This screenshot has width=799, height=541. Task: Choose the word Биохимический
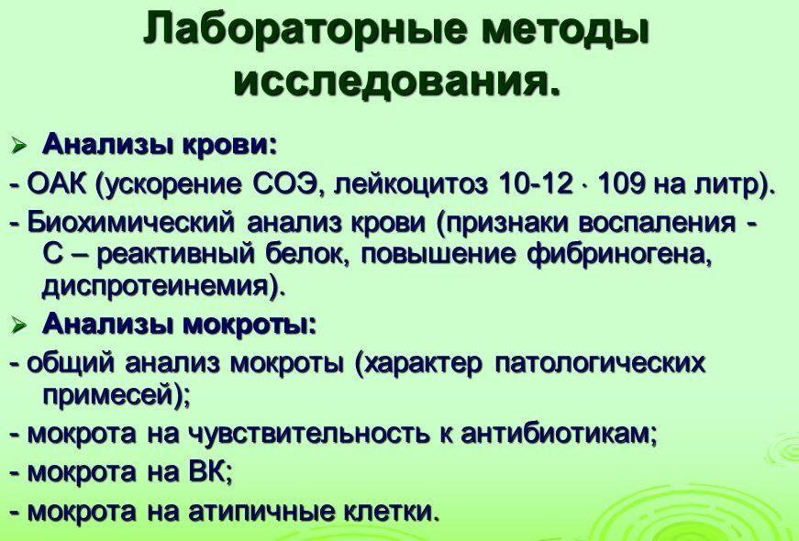[x=128, y=223]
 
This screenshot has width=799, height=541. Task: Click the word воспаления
[x=663, y=223]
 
